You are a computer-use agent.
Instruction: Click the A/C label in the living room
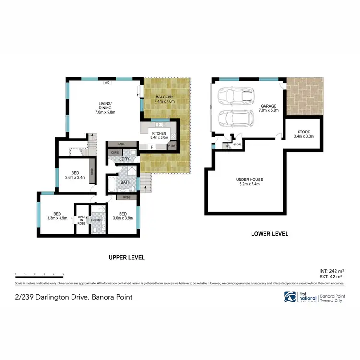(108, 82)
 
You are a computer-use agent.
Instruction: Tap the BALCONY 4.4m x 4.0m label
(165, 99)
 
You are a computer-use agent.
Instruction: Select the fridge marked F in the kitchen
(152, 147)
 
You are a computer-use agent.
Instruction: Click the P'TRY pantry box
(171, 147)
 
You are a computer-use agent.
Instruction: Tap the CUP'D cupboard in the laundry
(115, 153)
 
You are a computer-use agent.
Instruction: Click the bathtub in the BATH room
(111, 183)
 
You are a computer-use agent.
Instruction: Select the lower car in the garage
(232, 118)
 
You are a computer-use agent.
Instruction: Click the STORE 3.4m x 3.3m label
(302, 133)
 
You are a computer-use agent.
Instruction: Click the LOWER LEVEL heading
(269, 234)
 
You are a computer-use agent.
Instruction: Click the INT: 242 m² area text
(331, 271)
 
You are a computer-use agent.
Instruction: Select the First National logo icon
(290, 297)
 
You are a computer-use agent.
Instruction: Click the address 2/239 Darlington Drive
(74, 297)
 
